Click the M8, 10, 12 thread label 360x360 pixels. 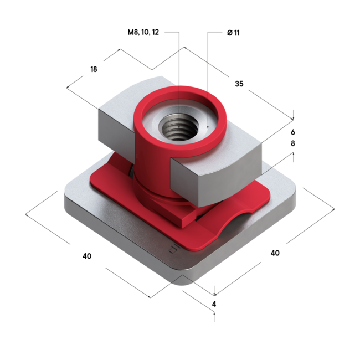coord(143,33)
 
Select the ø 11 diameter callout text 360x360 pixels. coord(233,33)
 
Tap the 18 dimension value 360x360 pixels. coord(94,69)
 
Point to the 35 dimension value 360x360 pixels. coord(239,84)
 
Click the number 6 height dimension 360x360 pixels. coord(293,132)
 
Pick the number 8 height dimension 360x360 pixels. coord(293,144)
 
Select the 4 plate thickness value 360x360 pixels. coord(214,304)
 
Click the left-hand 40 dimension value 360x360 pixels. coord(86,256)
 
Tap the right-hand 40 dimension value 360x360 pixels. coord(275,253)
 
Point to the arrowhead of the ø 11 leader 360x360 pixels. coord(208,128)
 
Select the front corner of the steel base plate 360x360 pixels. coord(186,271)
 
